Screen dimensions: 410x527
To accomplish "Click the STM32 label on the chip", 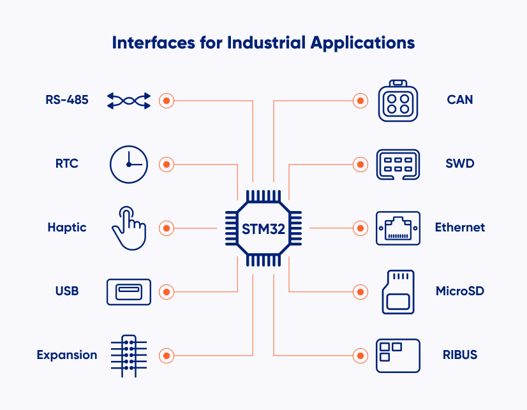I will coord(263,228).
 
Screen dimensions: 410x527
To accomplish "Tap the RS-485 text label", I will coord(66,100).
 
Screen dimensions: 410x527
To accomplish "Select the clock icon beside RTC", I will coord(129,164).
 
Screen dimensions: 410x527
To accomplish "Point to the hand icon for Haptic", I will coord(128,228).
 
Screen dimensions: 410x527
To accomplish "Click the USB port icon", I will coord(129,291).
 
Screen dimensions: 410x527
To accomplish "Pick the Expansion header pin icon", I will coord(129,355).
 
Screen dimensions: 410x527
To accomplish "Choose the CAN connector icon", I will coord(398,101).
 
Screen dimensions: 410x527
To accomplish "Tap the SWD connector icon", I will coord(398,164).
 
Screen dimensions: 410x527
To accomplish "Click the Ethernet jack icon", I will coord(398,228).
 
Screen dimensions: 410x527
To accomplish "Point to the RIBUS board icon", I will coord(398,355).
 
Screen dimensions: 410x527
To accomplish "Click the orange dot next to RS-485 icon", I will coord(167,100).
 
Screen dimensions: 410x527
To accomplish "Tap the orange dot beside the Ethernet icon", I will coord(360,228).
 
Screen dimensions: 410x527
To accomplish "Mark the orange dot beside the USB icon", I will coord(167,291).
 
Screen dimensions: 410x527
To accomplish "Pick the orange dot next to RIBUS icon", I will coord(360,355).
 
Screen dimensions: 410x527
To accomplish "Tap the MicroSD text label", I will coord(459,291).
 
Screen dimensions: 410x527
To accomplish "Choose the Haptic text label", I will coord(66,228).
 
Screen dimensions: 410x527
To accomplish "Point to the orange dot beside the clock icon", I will coord(167,164).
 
